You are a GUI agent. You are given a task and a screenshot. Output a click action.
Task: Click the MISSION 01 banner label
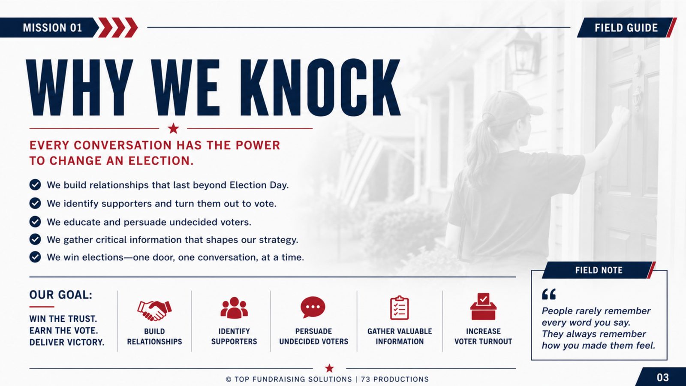pyautogui.click(x=52, y=28)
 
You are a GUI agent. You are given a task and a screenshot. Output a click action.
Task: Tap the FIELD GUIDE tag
pyautogui.click(x=626, y=28)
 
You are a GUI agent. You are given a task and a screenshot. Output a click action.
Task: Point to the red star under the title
pyautogui.click(x=173, y=128)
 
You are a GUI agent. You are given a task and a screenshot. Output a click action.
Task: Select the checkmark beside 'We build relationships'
pyautogui.click(x=35, y=185)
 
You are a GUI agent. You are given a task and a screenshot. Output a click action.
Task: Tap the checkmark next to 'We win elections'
pyautogui.click(x=35, y=257)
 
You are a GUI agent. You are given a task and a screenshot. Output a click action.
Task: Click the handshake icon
pyautogui.click(x=154, y=311)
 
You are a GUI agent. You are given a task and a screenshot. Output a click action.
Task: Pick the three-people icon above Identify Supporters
pyautogui.click(x=234, y=307)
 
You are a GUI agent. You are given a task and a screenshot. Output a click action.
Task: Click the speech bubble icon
pyautogui.click(x=313, y=307)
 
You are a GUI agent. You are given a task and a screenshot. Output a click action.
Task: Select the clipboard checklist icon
pyautogui.click(x=399, y=308)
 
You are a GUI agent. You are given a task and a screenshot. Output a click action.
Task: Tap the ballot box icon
pyautogui.click(x=483, y=306)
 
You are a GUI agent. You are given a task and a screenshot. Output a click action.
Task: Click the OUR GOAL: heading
pyautogui.click(x=60, y=295)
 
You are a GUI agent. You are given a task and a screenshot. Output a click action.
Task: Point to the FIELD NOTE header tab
pyautogui.click(x=599, y=270)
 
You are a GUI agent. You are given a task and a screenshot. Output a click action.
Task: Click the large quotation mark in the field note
pyautogui.click(x=549, y=294)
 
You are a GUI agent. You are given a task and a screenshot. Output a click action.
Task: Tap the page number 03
pyautogui.click(x=663, y=377)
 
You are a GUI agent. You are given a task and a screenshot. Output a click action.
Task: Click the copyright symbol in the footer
pyautogui.click(x=229, y=380)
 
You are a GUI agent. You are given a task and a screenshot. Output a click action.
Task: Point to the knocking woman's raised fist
pyautogui.click(x=619, y=115)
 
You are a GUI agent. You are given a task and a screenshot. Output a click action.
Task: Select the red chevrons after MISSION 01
pyautogui.click(x=117, y=27)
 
